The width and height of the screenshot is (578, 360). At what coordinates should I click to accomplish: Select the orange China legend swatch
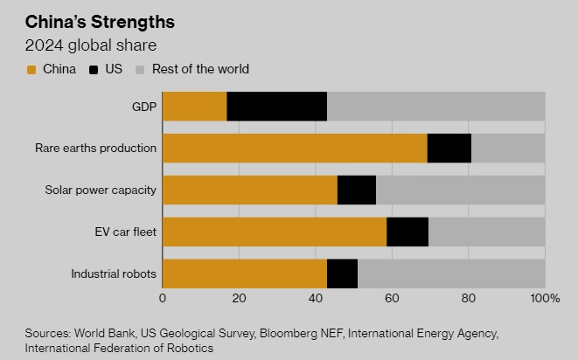[31, 69]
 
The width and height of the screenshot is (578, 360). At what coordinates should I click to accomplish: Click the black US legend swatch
[94, 69]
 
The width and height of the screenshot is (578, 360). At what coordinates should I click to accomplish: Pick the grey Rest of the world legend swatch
[139, 69]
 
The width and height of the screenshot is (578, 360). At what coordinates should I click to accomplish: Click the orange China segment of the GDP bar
[194, 107]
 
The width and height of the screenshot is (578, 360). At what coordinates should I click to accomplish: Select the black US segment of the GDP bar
[276, 107]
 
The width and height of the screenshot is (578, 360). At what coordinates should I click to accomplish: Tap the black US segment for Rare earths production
[449, 149]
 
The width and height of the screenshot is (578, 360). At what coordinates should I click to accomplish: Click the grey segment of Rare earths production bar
[508, 149]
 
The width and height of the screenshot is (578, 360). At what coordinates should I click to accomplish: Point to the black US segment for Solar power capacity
[357, 190]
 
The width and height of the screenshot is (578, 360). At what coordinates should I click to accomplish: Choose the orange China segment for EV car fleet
[275, 232]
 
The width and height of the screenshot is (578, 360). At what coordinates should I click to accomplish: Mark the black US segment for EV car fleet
[407, 232]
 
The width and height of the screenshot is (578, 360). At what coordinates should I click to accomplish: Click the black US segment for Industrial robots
[342, 273]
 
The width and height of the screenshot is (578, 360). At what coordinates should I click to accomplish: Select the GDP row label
[143, 107]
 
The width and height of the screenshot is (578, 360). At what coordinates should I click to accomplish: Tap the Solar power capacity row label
[101, 190]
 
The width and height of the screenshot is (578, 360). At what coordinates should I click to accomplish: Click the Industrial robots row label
[114, 273]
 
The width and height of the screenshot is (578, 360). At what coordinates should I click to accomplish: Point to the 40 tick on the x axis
[316, 299]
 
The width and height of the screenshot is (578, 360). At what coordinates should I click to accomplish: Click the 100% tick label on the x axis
[545, 299]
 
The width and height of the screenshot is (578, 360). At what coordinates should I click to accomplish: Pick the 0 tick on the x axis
[163, 299]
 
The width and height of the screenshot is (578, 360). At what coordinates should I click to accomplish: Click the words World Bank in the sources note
[106, 333]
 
